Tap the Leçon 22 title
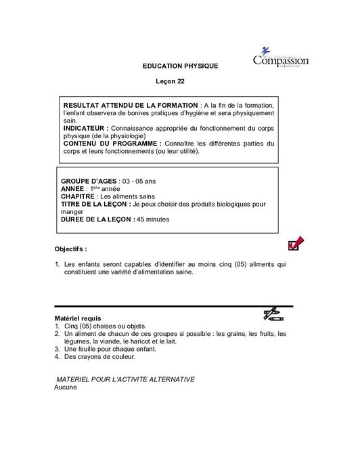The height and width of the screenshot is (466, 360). point(171,81)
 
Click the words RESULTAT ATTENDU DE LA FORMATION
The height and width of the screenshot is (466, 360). point(131,106)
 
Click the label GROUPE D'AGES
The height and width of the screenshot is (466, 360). point(89,182)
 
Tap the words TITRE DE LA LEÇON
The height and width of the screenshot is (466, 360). point(95,204)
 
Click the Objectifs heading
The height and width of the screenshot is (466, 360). point(71,249)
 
